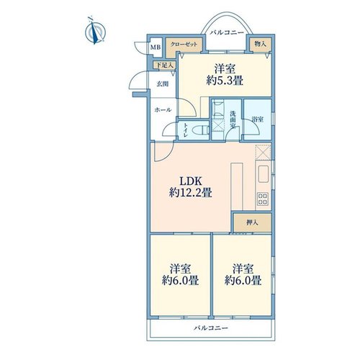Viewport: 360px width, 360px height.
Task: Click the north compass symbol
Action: pyautogui.click(x=95, y=32)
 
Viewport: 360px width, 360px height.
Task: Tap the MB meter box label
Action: pyautogui.click(x=156, y=48)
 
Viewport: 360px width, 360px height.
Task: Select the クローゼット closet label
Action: pyautogui.click(x=184, y=45)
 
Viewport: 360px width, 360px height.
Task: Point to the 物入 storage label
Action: pyautogui.click(x=261, y=44)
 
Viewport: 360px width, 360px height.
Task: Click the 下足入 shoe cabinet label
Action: pyautogui.click(x=165, y=65)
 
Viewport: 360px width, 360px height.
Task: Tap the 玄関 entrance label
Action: pyautogui.click(x=163, y=84)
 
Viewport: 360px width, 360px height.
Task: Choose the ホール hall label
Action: pyautogui.click(x=163, y=110)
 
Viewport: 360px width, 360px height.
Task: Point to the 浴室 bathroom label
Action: pyautogui.click(x=258, y=120)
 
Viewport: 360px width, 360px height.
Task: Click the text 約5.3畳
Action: pyautogui.click(x=225, y=81)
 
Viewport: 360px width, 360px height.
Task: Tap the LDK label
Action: pyautogui.click(x=191, y=181)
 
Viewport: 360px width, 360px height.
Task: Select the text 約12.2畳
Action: pyautogui.click(x=190, y=192)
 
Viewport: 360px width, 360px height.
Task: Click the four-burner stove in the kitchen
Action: pyautogui.click(x=263, y=199)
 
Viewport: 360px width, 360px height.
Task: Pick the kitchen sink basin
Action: pyautogui.click(x=264, y=174)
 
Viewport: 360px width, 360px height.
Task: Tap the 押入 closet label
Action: pyautogui.click(x=252, y=222)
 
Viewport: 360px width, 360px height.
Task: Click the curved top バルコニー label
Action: pyautogui.click(x=227, y=32)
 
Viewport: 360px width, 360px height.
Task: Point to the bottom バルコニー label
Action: pyautogui.click(x=211, y=328)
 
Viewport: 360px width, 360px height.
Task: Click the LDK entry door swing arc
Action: pyautogui.click(x=168, y=155)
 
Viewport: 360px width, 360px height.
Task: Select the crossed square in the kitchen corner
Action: pyautogui.click(x=263, y=152)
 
